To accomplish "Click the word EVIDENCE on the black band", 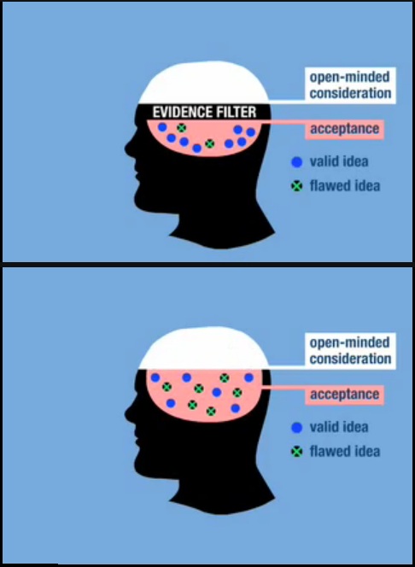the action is (179, 112).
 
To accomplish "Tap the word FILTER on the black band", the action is (232, 112).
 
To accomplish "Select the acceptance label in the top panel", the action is (344, 129).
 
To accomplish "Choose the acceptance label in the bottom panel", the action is (344, 395).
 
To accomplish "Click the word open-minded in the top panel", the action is (350, 77).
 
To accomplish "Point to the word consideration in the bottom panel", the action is (350, 359).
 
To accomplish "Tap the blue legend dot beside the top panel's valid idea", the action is (296, 162).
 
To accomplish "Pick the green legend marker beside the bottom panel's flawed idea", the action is (297, 452).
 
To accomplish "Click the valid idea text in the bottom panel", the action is (339, 427).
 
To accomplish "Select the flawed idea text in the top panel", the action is (345, 186).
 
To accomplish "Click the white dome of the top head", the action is (204, 84).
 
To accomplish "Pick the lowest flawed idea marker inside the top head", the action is (210, 144).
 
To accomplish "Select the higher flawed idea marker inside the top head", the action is (182, 127).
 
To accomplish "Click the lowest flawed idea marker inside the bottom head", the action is (211, 411).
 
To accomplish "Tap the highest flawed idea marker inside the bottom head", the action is (225, 378).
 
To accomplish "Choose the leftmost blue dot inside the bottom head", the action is (155, 378).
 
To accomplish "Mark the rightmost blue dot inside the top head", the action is (251, 132).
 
